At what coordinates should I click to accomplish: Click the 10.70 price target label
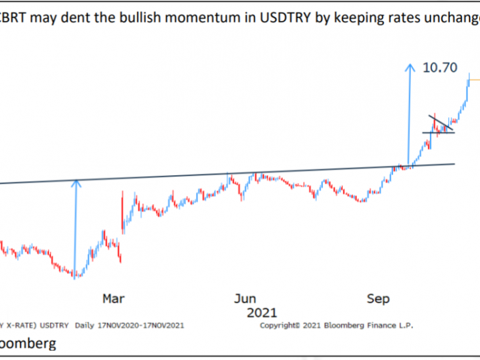(x=441, y=68)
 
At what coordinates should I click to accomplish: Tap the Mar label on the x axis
(x=113, y=298)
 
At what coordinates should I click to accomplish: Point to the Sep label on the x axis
(x=378, y=298)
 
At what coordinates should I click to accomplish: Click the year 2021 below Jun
(x=262, y=312)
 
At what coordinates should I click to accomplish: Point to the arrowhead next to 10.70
(x=410, y=66)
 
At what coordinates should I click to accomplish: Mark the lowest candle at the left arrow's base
(x=76, y=275)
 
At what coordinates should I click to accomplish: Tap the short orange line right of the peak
(x=475, y=80)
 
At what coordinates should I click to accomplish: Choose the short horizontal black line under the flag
(x=438, y=133)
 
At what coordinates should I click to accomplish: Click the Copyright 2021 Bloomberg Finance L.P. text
(x=337, y=325)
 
